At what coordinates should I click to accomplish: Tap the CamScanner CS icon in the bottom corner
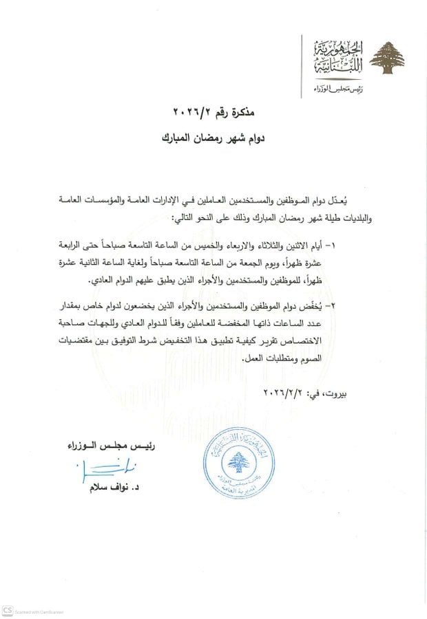coord(7,610)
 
